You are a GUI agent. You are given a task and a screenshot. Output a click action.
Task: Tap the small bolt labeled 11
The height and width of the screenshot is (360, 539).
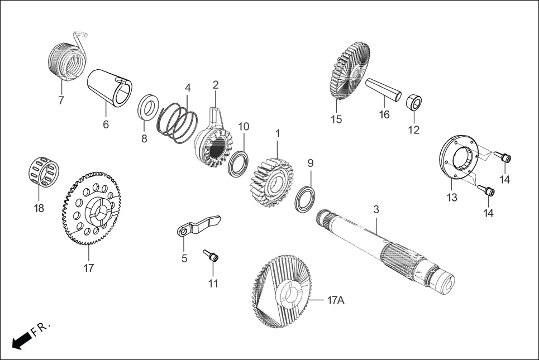pos(211,257)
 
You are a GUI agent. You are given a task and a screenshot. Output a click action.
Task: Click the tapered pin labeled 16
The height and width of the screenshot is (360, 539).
pos(384,90)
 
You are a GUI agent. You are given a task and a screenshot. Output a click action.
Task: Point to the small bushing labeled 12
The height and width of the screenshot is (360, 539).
pos(414,103)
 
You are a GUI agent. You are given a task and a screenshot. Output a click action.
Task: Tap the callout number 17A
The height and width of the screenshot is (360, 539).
pos(336,300)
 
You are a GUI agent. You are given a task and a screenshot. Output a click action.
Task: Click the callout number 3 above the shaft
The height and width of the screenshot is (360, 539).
pos(376,209)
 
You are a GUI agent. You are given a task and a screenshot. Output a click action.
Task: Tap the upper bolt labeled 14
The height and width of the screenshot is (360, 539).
pos(505,159)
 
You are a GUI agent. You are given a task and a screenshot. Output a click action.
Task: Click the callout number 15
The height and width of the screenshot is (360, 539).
pos(336,119)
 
